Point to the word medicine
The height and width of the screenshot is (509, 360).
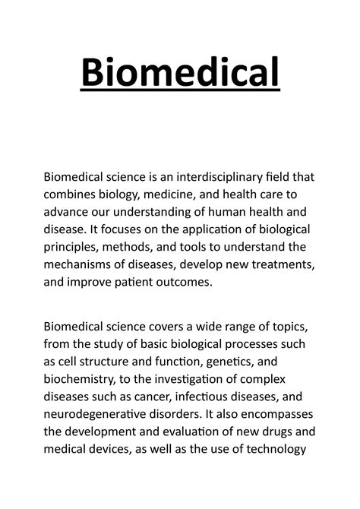tap(177, 196)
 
